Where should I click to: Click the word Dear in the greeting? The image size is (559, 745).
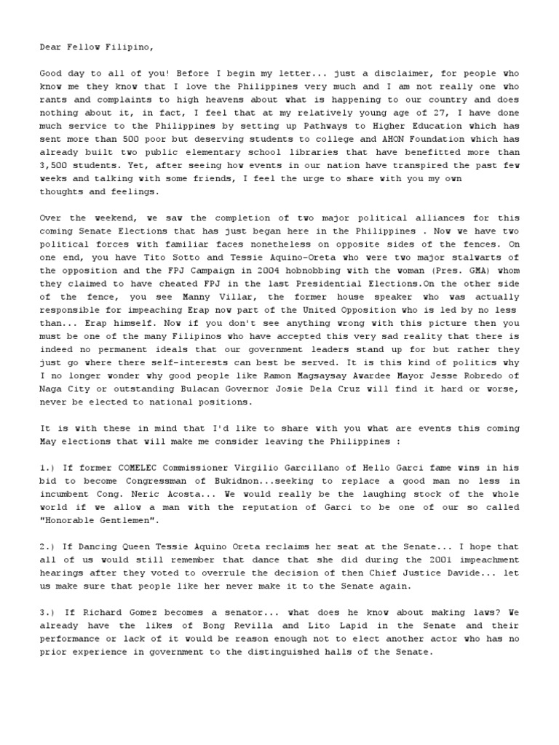[x=50, y=48]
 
